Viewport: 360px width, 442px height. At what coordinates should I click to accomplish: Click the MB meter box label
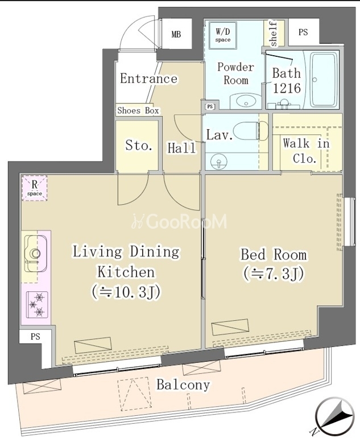point(176,35)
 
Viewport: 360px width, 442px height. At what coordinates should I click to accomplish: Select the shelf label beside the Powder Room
point(274,34)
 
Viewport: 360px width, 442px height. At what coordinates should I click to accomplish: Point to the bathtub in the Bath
point(324,80)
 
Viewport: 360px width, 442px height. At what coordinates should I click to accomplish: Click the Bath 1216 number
point(287,89)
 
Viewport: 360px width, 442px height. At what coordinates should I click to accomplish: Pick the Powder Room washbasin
point(246,101)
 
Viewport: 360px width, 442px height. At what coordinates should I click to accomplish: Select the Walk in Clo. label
point(306,151)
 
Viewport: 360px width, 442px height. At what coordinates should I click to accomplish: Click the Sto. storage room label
point(139,146)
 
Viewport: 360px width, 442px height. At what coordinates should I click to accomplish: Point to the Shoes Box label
point(138,110)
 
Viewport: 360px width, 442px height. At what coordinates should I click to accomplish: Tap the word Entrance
point(148,79)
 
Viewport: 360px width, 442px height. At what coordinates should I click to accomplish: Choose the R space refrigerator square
point(35,188)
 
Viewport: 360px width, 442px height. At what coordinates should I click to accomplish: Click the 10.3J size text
point(126,292)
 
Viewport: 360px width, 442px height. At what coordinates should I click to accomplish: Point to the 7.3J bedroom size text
point(274,274)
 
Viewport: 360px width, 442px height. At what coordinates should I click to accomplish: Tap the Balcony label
point(183,385)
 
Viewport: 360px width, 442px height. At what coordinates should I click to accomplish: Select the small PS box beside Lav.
point(210,106)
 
